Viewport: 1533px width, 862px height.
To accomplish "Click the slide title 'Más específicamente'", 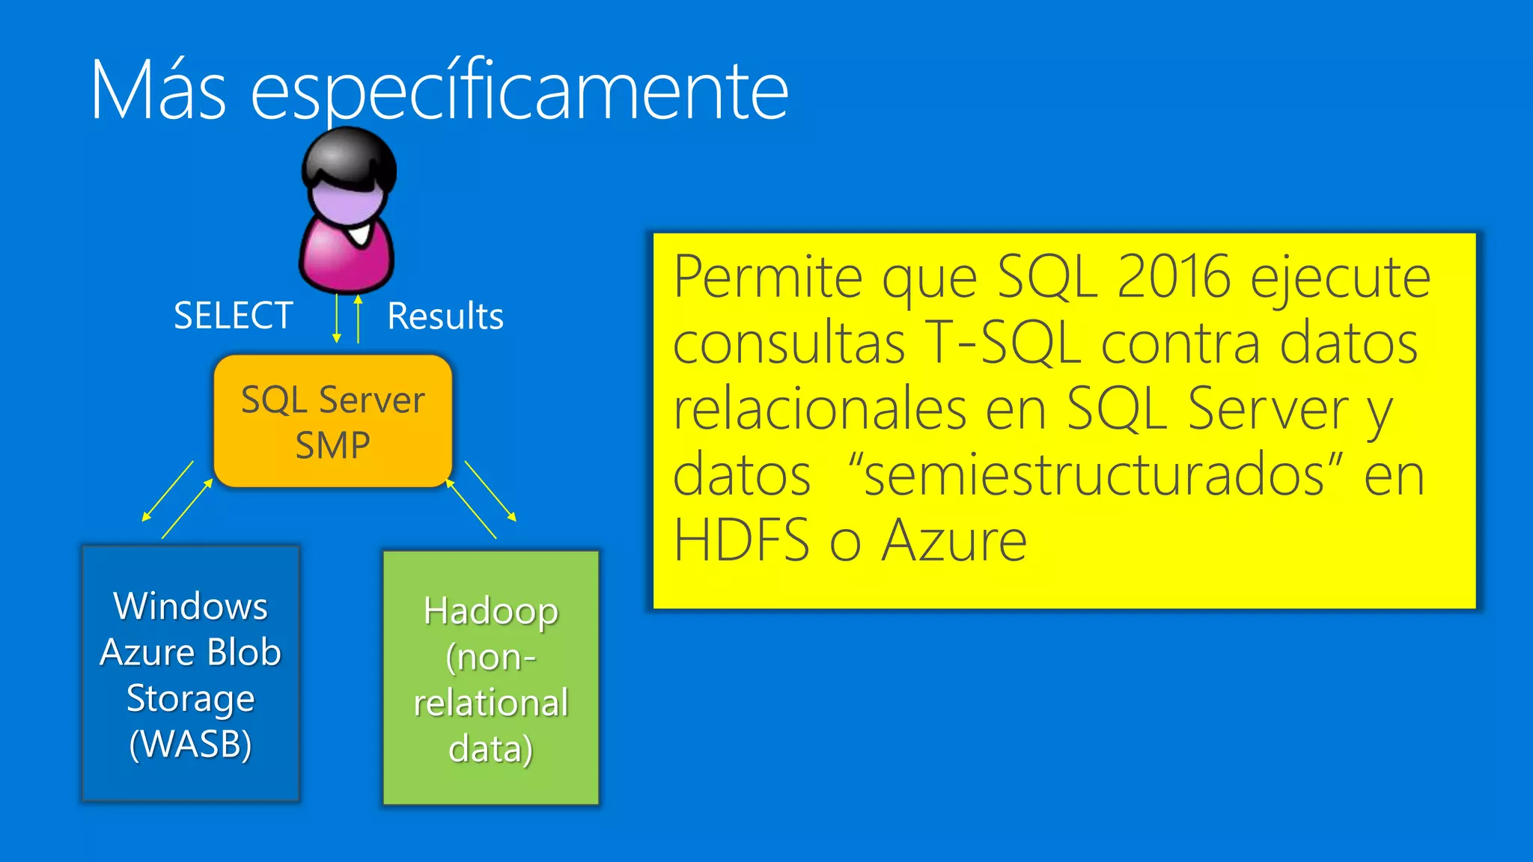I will pyautogui.click(x=439, y=91).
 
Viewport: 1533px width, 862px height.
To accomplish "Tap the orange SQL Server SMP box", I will pyautogui.click(x=333, y=421).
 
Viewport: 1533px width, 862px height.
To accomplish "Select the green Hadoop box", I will pyautogui.click(x=491, y=678).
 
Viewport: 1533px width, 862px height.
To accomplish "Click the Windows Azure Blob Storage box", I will pyautogui.click(x=191, y=673).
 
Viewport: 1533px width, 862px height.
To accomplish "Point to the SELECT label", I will pyautogui.click(x=233, y=316).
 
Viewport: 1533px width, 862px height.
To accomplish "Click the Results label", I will pyautogui.click(x=445, y=316).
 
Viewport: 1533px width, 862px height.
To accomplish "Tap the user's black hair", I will pyautogui.click(x=349, y=157).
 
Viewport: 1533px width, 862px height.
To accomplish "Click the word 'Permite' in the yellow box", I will pyautogui.click(x=769, y=277).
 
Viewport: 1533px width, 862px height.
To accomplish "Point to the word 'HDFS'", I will pyautogui.click(x=741, y=540).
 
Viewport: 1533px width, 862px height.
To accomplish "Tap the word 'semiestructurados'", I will pyautogui.click(x=1094, y=474).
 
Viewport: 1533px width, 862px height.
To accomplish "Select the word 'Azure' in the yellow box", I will pyautogui.click(x=954, y=540).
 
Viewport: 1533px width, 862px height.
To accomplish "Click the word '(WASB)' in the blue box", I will pyautogui.click(x=190, y=744).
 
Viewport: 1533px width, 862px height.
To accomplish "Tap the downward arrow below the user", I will pyautogui.click(x=337, y=319).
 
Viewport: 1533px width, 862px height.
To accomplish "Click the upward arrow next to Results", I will pyautogui.click(x=359, y=319).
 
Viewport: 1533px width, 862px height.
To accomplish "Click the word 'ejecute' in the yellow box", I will pyautogui.click(x=1340, y=277).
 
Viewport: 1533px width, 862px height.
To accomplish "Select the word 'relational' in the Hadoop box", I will pyautogui.click(x=491, y=703).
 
